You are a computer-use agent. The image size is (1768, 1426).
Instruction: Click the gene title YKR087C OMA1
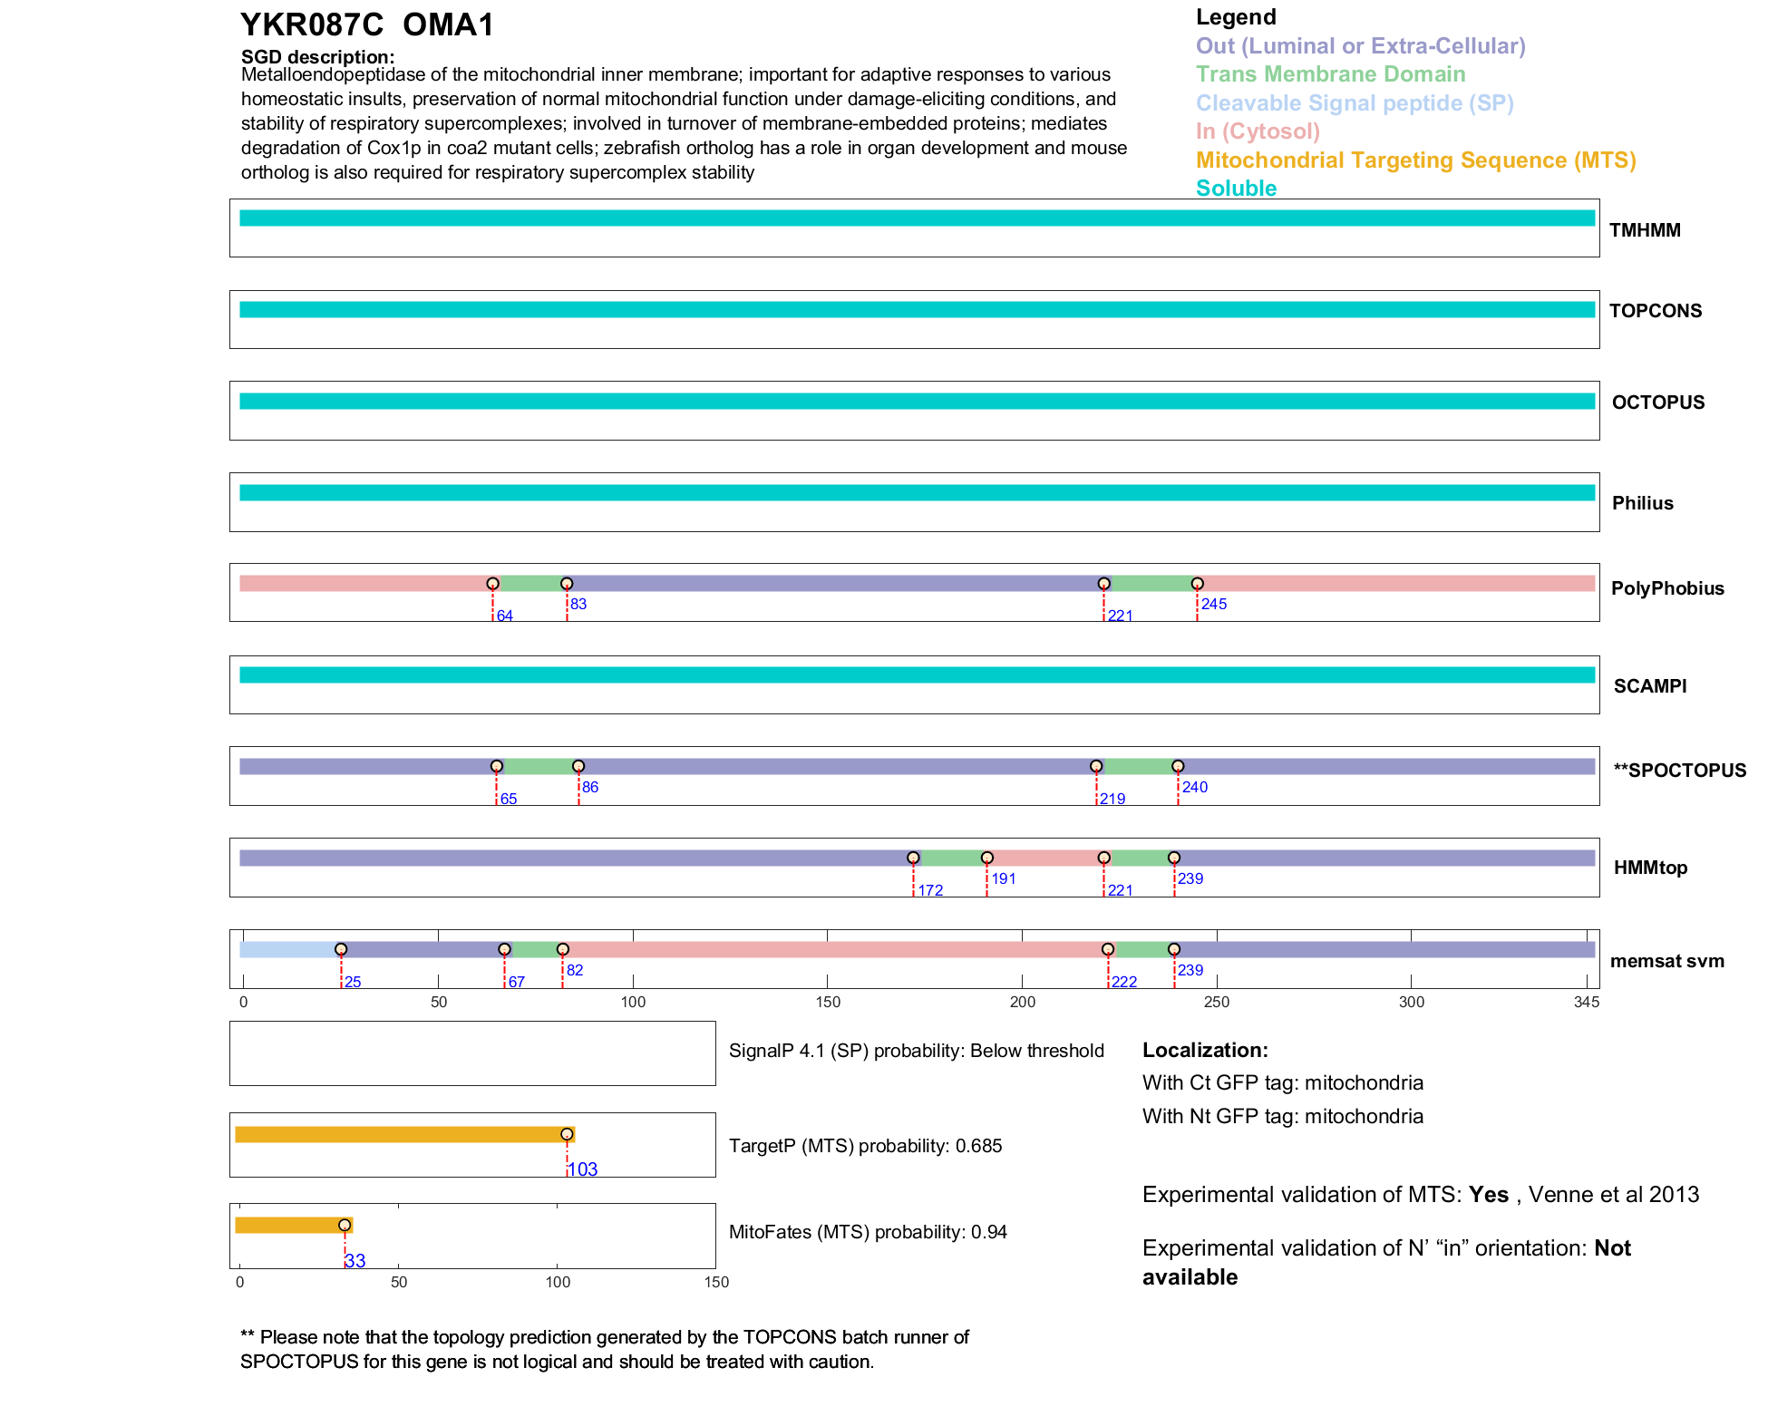(367, 25)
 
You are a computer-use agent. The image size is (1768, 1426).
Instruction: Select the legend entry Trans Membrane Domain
(1330, 74)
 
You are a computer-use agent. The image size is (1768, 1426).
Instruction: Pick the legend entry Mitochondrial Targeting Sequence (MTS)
(1415, 160)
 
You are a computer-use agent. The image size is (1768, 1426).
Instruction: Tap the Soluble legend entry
(1236, 189)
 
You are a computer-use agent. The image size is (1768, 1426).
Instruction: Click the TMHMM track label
(1644, 230)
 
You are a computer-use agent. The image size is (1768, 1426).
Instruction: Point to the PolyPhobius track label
(1666, 588)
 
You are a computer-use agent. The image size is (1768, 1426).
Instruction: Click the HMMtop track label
(1650, 868)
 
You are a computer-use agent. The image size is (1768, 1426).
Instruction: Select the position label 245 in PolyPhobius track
(1213, 605)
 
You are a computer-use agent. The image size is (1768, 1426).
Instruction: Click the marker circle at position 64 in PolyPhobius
(492, 584)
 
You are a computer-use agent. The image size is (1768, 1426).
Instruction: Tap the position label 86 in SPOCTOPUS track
(590, 788)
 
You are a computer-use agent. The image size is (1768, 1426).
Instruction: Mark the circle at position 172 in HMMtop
(913, 858)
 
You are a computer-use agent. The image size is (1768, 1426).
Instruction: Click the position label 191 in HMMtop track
(1003, 879)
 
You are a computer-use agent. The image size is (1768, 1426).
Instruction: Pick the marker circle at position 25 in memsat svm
(341, 949)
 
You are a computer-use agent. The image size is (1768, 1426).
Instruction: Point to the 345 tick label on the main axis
(1586, 1003)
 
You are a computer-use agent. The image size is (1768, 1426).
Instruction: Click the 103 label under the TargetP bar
(582, 1169)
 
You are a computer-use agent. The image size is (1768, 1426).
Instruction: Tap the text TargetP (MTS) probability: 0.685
(865, 1146)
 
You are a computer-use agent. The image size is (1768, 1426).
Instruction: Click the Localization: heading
(1205, 1051)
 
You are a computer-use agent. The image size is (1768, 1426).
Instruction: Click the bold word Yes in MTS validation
(1488, 1195)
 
